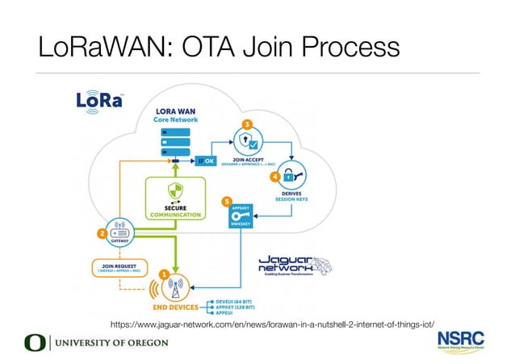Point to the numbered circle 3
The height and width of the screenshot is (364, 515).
[x=246, y=123]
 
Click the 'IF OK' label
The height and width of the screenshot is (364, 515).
[x=207, y=161]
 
